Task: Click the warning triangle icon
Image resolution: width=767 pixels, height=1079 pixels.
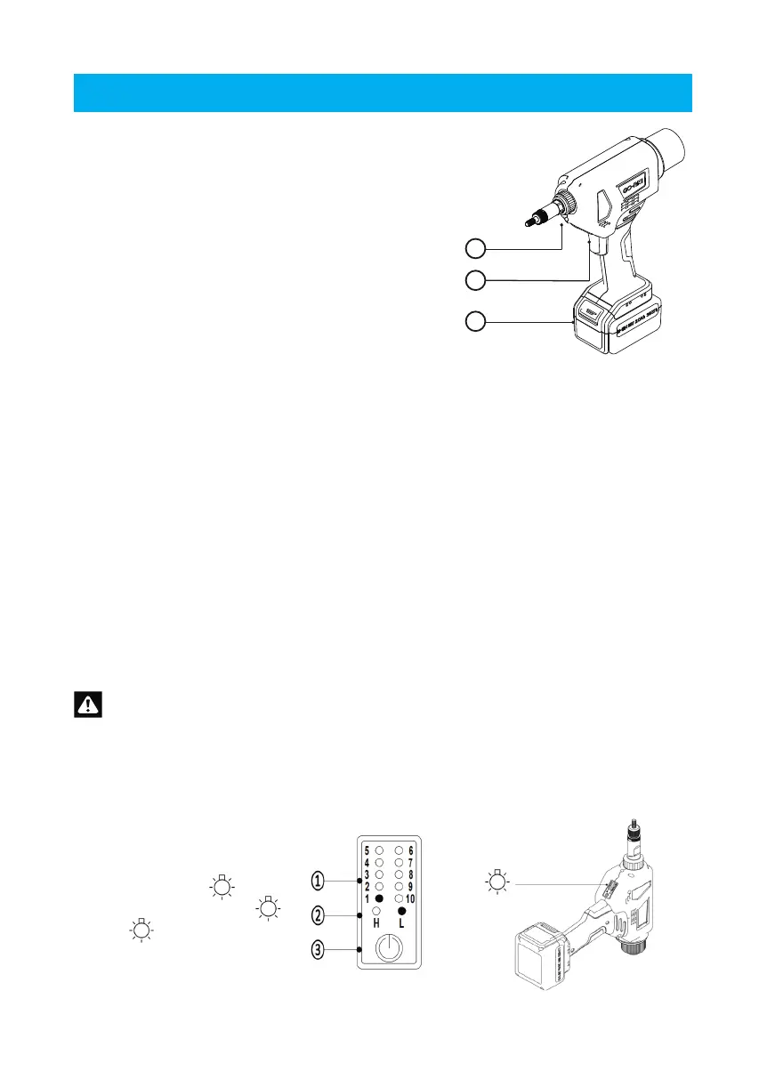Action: [x=88, y=705]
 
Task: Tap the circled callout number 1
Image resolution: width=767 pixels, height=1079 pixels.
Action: [x=318, y=881]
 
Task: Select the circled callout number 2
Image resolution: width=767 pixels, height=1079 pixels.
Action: [x=318, y=914]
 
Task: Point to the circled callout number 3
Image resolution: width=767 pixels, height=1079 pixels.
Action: [x=318, y=948]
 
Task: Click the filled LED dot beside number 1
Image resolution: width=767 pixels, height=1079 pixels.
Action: [x=379, y=898]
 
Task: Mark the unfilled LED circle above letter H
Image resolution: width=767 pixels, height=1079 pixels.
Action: [x=378, y=912]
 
